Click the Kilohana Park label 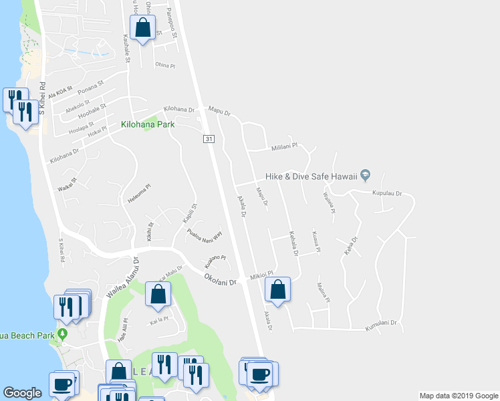pos(147,124)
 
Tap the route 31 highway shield pos(209,138)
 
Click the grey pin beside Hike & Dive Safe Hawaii pos(365,176)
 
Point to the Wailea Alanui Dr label pos(121,278)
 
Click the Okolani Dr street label pos(221,277)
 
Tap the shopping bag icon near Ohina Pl pos(142,28)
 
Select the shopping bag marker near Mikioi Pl pos(277,289)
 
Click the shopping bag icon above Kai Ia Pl pos(158,295)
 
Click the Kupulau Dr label pos(386,193)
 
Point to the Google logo pos(23,393)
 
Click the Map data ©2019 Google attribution pos(458,396)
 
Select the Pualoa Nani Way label pos(205,235)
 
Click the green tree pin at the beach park pos(63,333)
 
